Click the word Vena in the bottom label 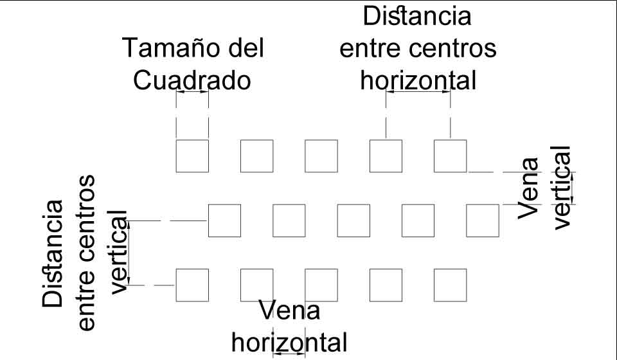[290, 312]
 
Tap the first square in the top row [192, 156]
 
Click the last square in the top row [450, 156]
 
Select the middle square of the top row [321, 156]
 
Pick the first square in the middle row [224, 221]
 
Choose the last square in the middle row [482, 221]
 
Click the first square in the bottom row [192, 285]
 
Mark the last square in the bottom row [450, 285]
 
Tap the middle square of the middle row [353, 221]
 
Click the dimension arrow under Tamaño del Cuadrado [192, 92]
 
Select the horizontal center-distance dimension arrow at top [418, 92]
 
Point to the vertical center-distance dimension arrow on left [129, 253]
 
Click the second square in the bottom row [256, 285]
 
